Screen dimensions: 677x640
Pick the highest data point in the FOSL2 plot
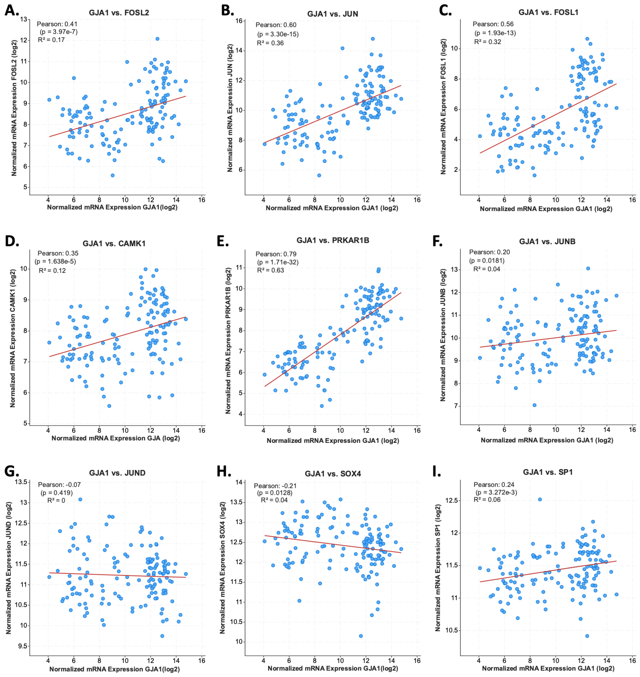pyautogui.click(x=157, y=39)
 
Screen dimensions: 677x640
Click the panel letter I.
pyautogui.click(x=436, y=472)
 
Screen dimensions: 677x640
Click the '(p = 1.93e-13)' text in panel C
pyautogui.click(x=495, y=33)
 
